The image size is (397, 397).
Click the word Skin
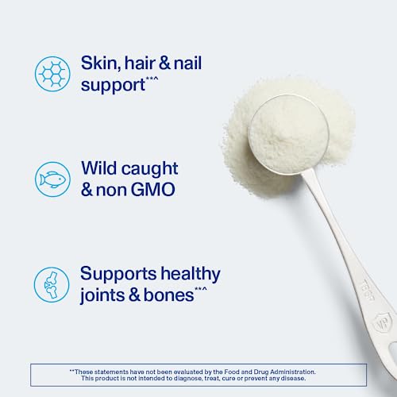[102, 61]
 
